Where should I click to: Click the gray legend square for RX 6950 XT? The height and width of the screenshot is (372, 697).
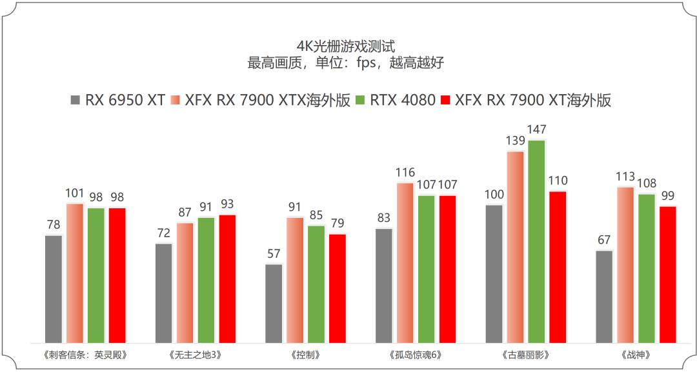pyautogui.click(x=75, y=101)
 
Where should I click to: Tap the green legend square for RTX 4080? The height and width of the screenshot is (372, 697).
pyautogui.click(x=360, y=101)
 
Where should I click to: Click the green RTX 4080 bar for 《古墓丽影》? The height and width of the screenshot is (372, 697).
pyautogui.click(x=536, y=242)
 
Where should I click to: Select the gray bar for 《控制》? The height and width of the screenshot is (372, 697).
pyautogui.click(x=274, y=304)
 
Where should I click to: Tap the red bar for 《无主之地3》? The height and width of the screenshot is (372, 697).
pyautogui.click(x=227, y=279)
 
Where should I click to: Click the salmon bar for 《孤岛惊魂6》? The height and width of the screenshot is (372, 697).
pyautogui.click(x=405, y=263)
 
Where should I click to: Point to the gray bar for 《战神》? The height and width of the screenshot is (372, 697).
pyautogui.click(x=604, y=297)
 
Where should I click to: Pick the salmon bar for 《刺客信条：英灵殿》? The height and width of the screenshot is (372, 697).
pyautogui.click(x=75, y=273)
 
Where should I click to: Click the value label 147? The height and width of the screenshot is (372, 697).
pyautogui.click(x=536, y=130)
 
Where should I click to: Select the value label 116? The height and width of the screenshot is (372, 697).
pyautogui.click(x=405, y=173)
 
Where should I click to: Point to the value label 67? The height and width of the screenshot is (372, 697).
pyautogui.click(x=604, y=240)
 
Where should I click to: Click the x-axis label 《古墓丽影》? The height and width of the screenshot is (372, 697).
pyautogui.click(x=525, y=355)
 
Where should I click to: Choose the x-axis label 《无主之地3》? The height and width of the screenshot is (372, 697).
pyautogui.click(x=196, y=355)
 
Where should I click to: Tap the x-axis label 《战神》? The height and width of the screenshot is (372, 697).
pyautogui.click(x=635, y=355)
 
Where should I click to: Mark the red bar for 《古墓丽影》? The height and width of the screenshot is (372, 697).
pyautogui.click(x=558, y=268)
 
